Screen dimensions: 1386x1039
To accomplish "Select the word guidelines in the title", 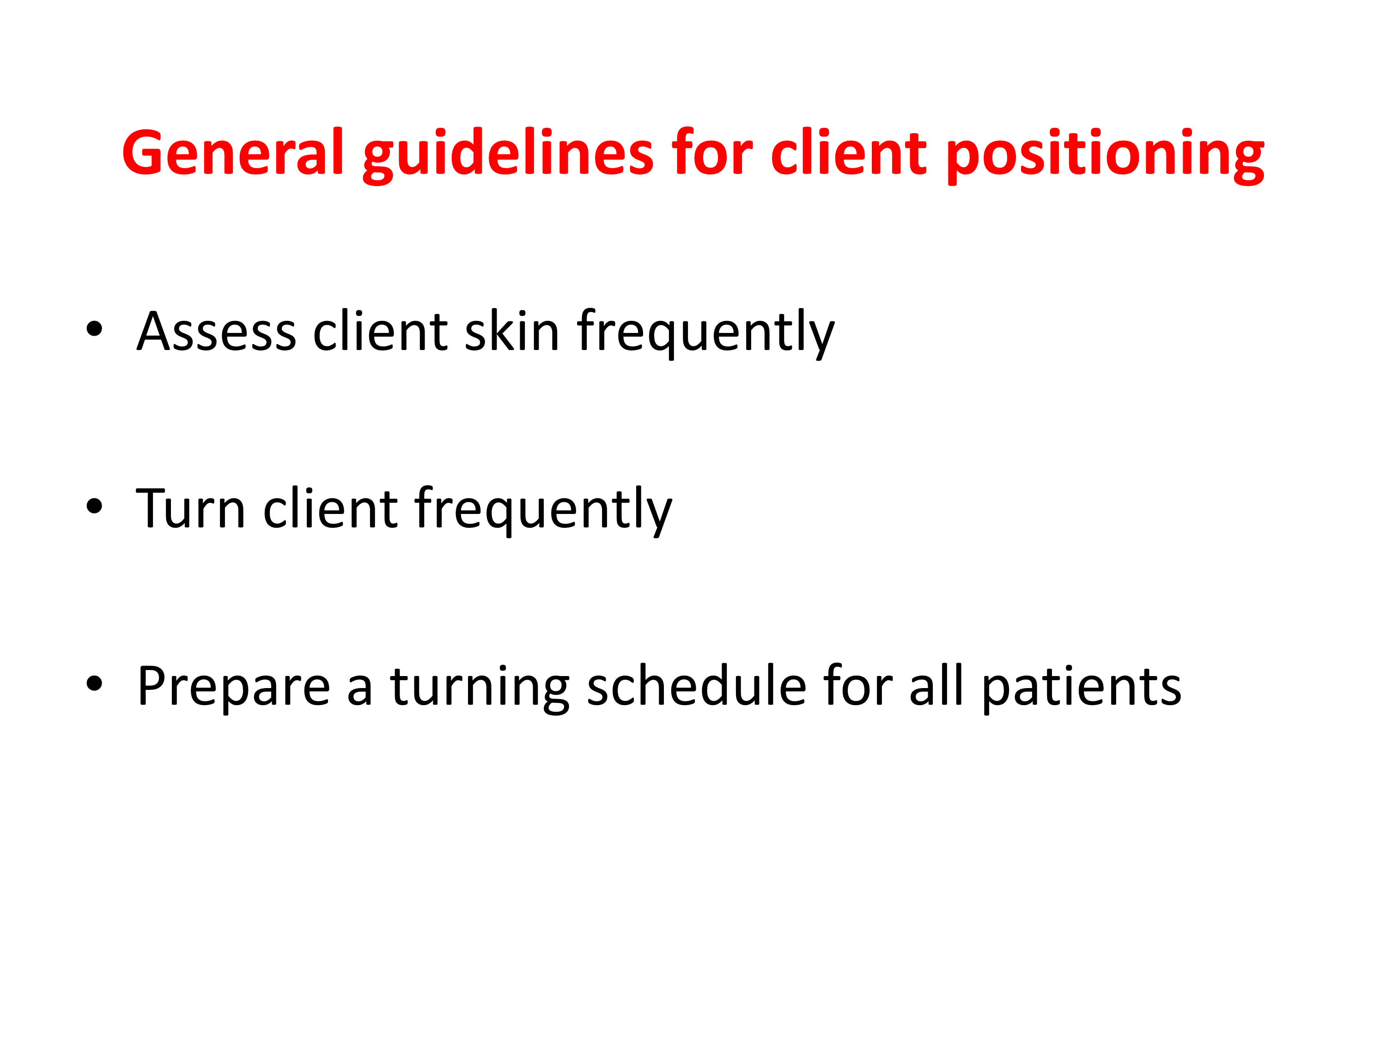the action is click(508, 155).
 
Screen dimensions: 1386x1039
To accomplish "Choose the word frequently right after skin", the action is click(705, 333).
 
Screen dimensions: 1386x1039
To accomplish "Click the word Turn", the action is click(190, 507).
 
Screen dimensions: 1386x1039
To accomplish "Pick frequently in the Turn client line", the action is click(543, 510).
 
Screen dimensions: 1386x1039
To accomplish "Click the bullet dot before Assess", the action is click(94, 328).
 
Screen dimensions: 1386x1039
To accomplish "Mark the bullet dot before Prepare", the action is click(94, 683).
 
